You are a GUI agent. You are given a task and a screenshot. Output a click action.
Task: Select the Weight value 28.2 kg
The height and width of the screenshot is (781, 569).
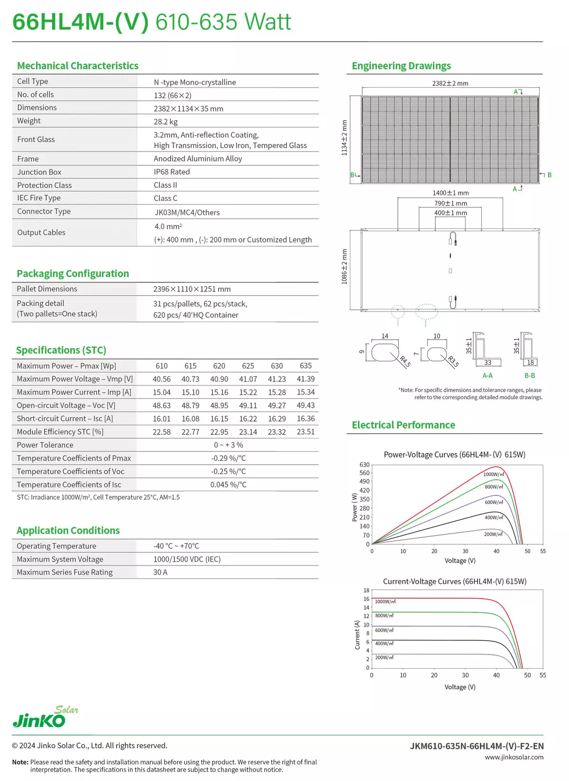coord(165,122)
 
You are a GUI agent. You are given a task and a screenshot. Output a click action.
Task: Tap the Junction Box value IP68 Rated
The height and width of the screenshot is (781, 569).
coord(172,172)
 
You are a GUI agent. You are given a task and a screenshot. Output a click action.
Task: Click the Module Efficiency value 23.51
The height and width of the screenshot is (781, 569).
coord(305,432)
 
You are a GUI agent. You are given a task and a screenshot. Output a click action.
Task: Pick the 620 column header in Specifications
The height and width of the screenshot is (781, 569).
coord(219,366)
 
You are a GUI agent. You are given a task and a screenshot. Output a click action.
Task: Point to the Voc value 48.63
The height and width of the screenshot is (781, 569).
coord(162,405)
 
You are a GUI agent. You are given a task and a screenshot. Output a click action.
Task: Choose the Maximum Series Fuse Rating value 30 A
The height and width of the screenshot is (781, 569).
coord(160,572)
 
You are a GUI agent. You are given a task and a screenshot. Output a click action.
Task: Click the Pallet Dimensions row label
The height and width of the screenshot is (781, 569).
coord(47,289)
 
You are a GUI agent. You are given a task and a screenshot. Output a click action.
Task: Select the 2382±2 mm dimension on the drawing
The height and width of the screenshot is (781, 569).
coord(450,83)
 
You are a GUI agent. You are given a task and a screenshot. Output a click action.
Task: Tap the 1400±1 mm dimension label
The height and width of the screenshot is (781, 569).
coord(450,193)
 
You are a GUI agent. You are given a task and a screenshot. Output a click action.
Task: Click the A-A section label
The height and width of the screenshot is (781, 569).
coord(487,376)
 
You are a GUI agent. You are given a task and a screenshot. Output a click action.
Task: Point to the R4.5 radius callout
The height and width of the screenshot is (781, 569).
coord(405,361)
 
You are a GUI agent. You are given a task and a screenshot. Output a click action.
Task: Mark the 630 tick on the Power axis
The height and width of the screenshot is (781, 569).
coord(364,465)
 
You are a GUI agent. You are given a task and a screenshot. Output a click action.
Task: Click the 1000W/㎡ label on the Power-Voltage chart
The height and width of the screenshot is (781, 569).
coord(493,474)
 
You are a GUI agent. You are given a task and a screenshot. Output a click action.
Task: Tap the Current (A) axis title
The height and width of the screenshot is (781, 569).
coord(358,635)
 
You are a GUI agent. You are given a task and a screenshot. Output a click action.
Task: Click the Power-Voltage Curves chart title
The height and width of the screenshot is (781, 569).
coord(454,455)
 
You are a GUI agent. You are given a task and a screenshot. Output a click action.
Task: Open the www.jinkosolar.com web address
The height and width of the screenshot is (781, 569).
coord(514,757)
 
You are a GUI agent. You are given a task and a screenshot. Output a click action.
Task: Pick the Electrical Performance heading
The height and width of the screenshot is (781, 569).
coord(403,425)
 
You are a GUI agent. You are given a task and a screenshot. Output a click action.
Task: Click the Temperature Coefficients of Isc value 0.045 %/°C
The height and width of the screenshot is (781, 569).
coord(229,485)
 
